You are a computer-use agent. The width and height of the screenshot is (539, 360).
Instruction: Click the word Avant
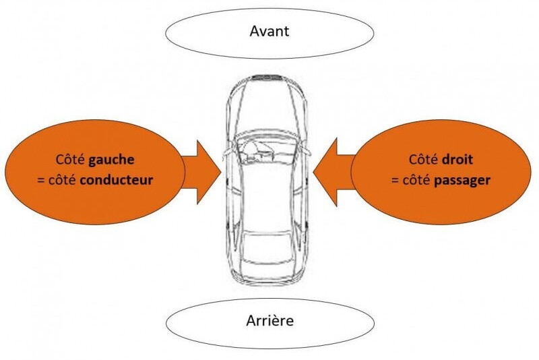(269, 31)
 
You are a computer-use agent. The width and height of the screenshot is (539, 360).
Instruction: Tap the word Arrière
(270, 320)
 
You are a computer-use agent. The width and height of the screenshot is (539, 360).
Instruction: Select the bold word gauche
(111, 160)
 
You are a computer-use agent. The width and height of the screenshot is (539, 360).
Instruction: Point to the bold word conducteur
(116, 180)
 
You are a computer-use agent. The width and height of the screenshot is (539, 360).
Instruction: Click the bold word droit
(457, 160)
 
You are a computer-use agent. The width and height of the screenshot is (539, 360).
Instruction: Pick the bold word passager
(462, 181)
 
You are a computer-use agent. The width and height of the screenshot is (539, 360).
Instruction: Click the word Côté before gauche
(71, 160)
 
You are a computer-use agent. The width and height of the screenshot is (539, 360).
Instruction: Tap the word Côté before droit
(424, 160)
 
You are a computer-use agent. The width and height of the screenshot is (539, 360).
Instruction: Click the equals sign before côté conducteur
(41, 181)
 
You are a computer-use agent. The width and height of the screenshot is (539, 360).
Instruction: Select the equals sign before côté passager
(395, 181)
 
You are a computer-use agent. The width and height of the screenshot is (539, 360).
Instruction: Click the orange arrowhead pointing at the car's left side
(209, 172)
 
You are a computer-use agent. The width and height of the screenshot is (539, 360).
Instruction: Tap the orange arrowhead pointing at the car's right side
(325, 172)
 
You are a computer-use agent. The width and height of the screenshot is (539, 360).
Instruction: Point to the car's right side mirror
(306, 150)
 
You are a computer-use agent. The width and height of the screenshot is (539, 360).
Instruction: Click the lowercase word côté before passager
(416, 180)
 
